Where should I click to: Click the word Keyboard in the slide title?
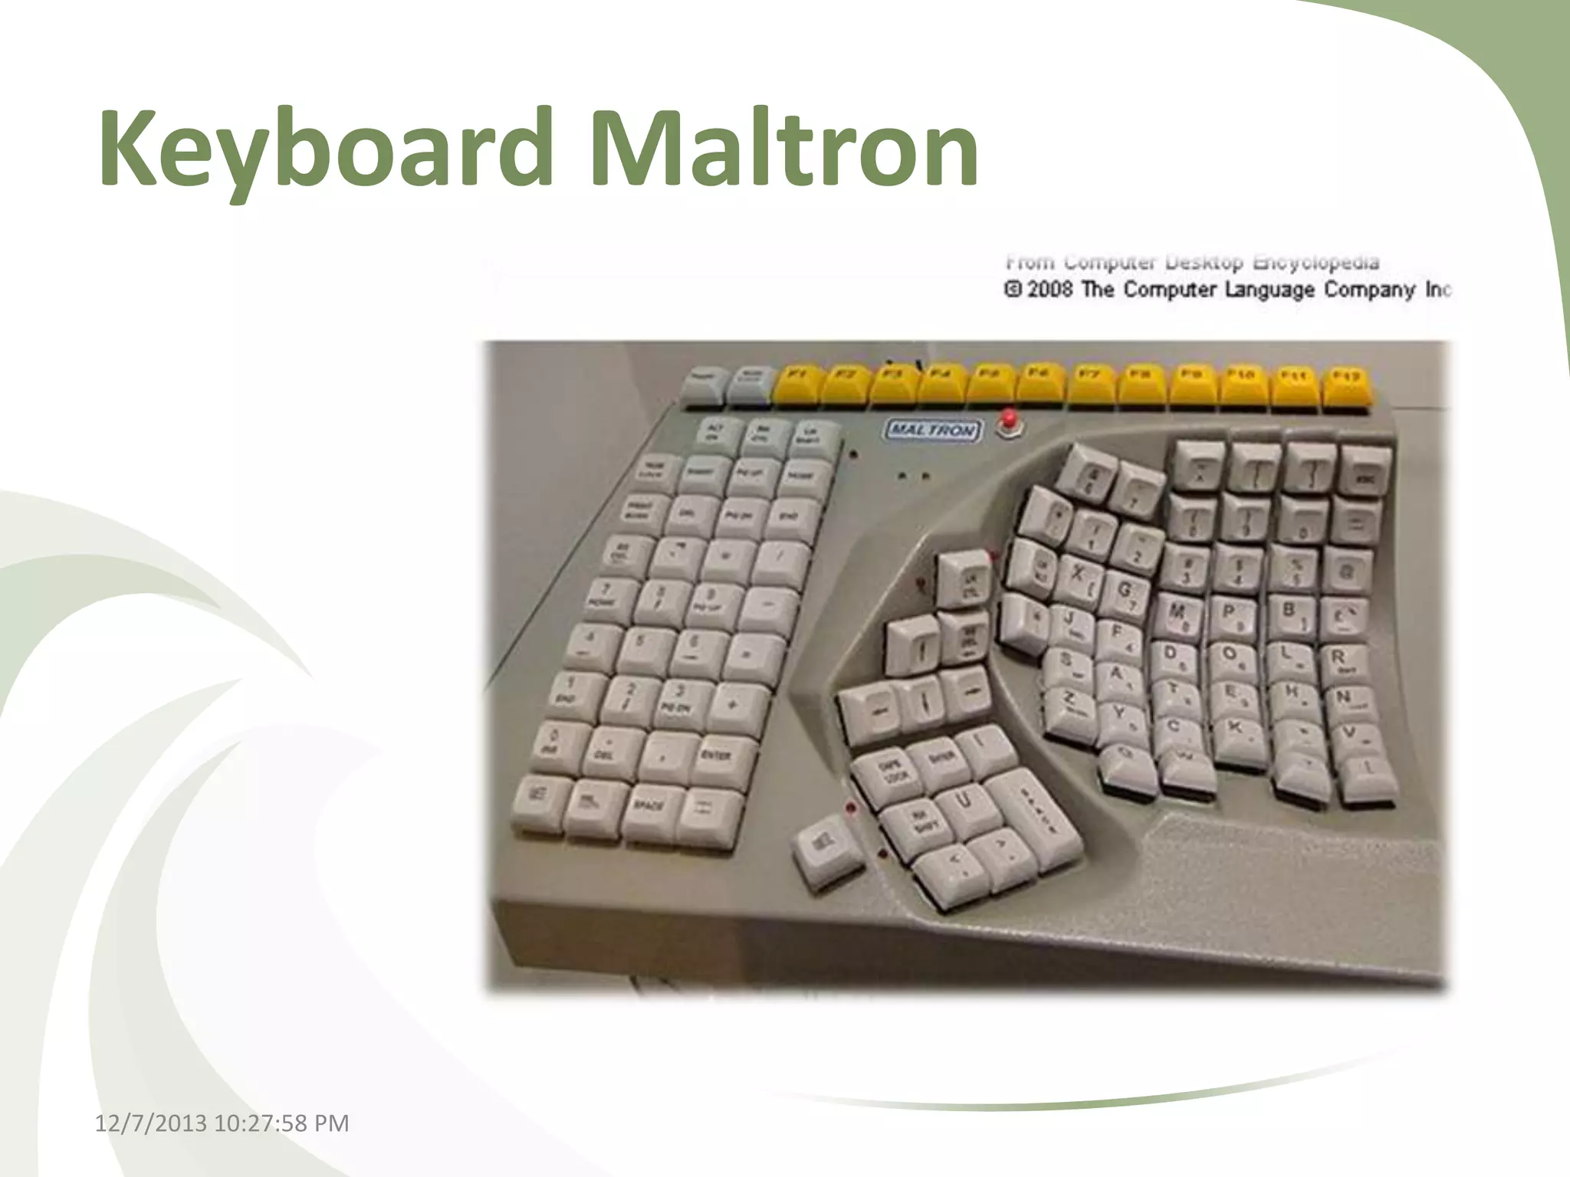click(325, 147)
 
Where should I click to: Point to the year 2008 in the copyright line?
click(1049, 290)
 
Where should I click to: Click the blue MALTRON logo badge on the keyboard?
click(932, 430)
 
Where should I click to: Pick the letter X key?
click(1079, 573)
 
